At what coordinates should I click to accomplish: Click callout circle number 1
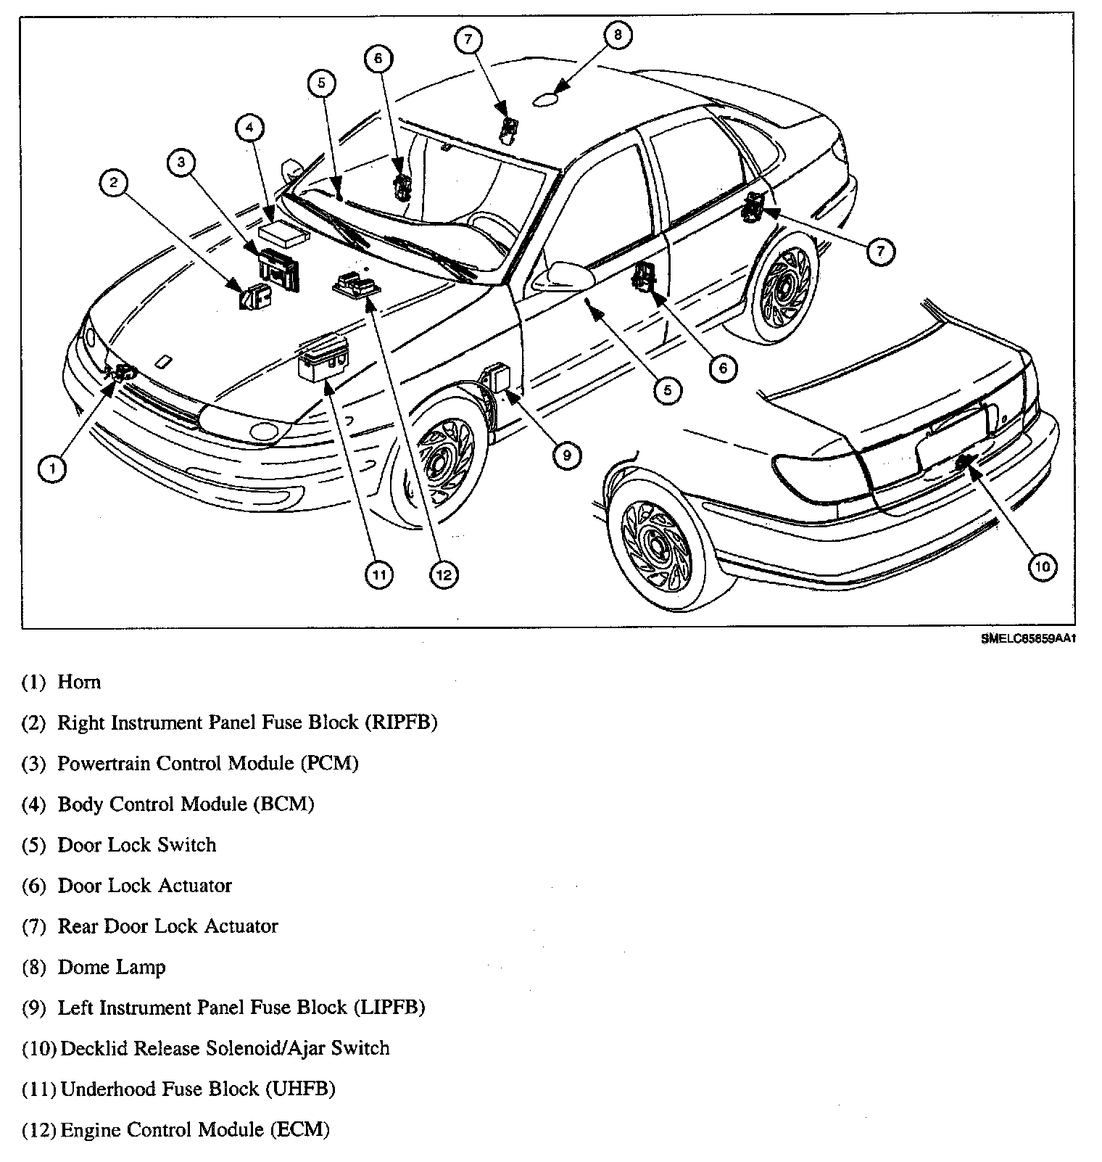[52, 469]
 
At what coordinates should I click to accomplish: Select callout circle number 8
[617, 35]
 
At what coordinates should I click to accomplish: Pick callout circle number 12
[444, 574]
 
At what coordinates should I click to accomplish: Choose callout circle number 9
[566, 455]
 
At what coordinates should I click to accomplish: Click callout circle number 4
[249, 128]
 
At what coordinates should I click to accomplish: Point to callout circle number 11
[378, 574]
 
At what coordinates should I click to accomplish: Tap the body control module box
[283, 233]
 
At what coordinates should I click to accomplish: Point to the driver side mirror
[562, 275]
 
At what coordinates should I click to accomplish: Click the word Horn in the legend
[79, 682]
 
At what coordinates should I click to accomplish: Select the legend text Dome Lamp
[112, 967]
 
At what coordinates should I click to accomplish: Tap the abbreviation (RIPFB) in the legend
[402, 722]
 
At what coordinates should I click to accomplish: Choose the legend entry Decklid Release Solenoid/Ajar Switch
[225, 1048]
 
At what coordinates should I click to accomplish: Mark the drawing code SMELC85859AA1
[1026, 640]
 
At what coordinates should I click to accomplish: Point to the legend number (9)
[34, 1008]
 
